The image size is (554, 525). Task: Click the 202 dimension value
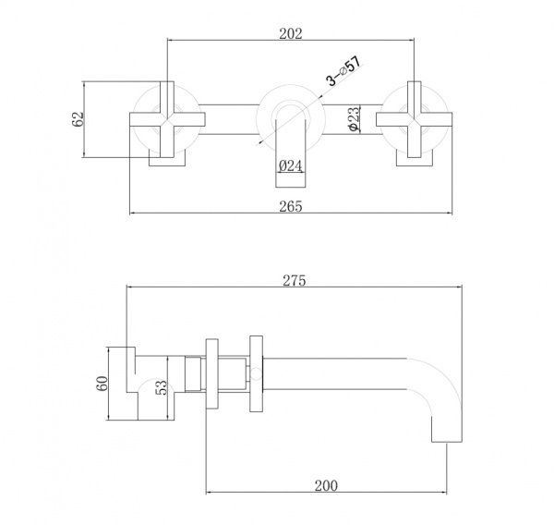click(x=291, y=33)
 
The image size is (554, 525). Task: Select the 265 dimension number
click(x=290, y=206)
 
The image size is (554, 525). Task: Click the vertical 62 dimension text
click(x=78, y=119)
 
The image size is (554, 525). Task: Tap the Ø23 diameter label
click(x=354, y=120)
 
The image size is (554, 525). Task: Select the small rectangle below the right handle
click(x=413, y=160)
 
